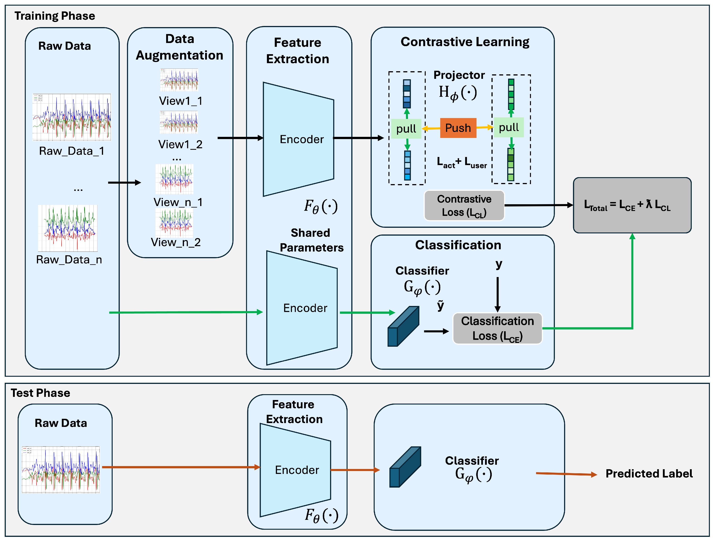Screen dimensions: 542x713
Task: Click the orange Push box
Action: click(x=458, y=128)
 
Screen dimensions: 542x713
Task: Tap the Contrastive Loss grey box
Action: click(x=464, y=206)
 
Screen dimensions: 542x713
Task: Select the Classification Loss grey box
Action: click(x=497, y=328)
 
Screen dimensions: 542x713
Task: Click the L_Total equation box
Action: click(x=632, y=205)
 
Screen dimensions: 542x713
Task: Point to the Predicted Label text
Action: click(x=649, y=474)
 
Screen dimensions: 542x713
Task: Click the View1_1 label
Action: click(x=180, y=101)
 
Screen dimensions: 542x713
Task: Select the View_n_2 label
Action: click(x=176, y=242)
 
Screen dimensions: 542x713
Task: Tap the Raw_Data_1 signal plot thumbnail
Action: click(x=72, y=117)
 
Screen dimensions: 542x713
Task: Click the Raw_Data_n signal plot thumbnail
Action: click(x=68, y=228)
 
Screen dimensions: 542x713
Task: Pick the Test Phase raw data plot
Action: click(x=61, y=469)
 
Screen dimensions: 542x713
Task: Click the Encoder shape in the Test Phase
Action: click(x=295, y=470)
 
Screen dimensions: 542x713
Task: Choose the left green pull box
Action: click(x=406, y=129)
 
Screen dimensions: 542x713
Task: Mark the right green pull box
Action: click(x=509, y=127)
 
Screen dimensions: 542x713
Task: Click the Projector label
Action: click(x=459, y=75)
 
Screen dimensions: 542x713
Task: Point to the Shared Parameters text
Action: click(x=311, y=240)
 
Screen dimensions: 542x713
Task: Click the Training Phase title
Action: click(x=55, y=16)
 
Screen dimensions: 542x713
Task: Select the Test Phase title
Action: click(x=40, y=393)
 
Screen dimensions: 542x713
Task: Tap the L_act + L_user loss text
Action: click(x=462, y=163)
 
